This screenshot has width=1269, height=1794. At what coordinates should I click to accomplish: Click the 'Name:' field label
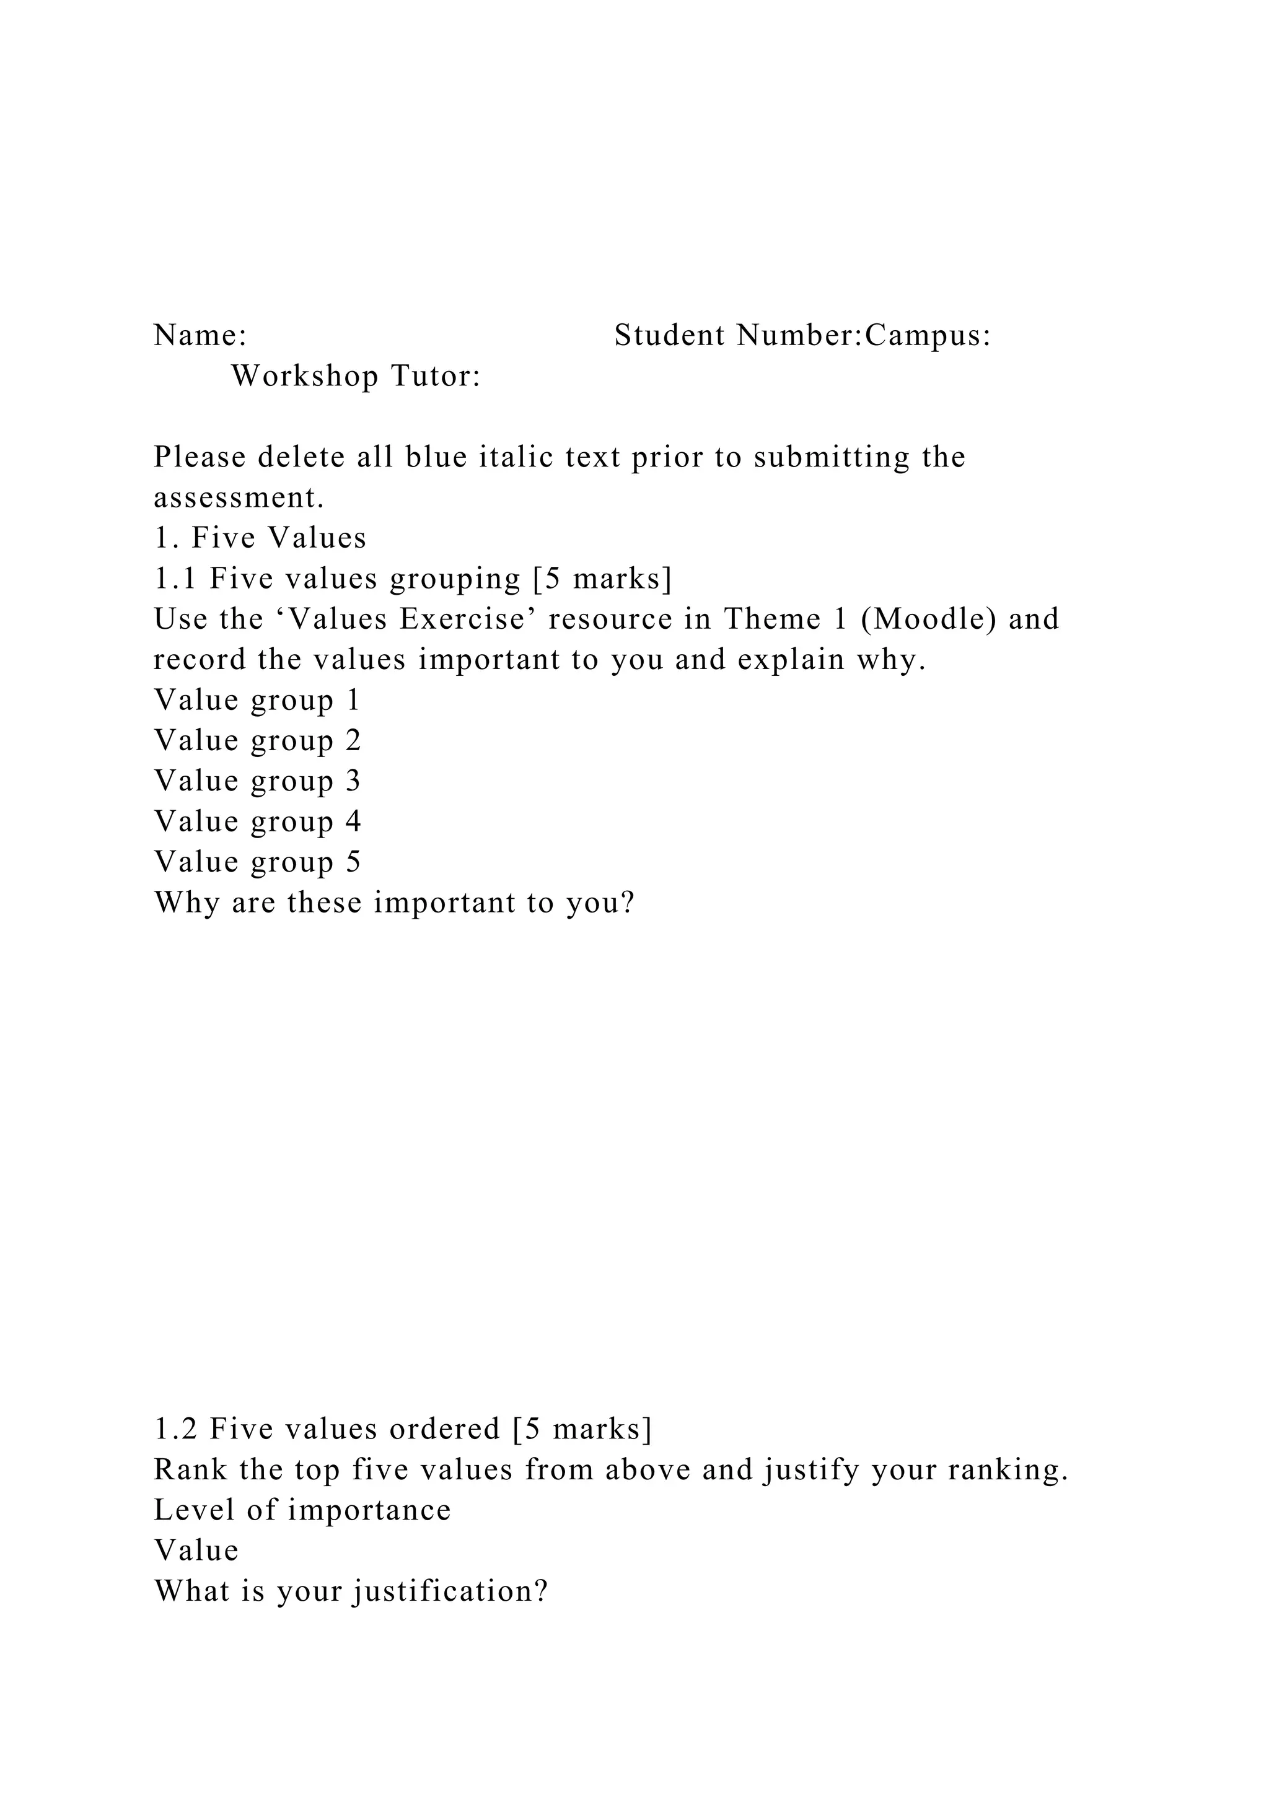click(200, 336)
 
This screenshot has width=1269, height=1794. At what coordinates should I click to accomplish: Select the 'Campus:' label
click(928, 336)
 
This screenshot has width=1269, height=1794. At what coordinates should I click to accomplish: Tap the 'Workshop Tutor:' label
click(356, 377)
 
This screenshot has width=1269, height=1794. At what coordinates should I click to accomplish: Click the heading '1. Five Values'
click(260, 538)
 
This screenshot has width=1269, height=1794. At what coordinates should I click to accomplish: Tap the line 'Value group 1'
click(257, 701)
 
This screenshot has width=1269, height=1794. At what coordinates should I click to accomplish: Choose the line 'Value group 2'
click(257, 741)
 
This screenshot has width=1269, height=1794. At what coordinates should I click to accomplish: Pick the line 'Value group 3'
click(257, 781)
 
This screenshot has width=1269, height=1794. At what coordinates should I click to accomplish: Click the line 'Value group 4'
click(257, 822)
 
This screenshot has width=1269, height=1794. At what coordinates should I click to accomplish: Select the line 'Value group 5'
click(257, 863)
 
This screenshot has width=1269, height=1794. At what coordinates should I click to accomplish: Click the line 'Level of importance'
click(302, 1511)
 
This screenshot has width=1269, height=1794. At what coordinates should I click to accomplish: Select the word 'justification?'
click(451, 1591)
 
